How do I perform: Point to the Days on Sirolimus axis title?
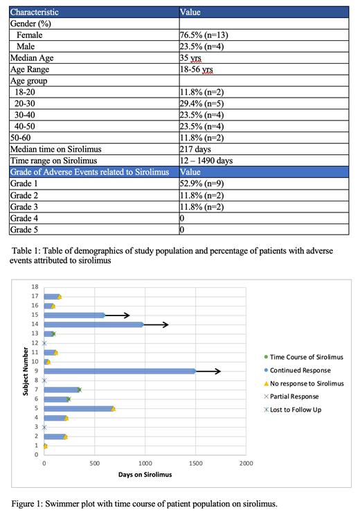point(143,474)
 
